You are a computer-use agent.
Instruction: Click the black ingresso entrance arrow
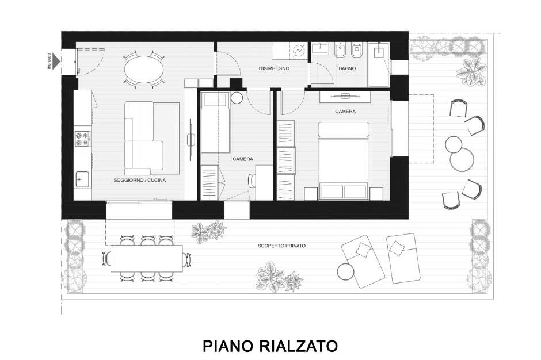pyautogui.click(x=56, y=62)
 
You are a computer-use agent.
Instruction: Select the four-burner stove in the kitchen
pyautogui.click(x=82, y=139)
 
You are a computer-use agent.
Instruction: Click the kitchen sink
pyautogui.click(x=82, y=179)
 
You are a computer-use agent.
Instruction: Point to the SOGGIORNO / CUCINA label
pyautogui.click(x=140, y=180)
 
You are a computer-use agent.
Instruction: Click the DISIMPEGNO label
pyautogui.click(x=274, y=68)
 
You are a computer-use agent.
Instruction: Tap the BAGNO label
pyautogui.click(x=347, y=68)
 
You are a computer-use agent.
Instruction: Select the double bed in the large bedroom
pyautogui.click(x=344, y=160)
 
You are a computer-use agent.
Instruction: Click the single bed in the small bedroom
pyautogui.click(x=215, y=122)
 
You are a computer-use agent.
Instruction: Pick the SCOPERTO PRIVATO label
pyautogui.click(x=281, y=246)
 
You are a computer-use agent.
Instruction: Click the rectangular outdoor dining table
pyautogui.click(x=147, y=259)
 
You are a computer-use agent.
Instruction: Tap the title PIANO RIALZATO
pyautogui.click(x=270, y=346)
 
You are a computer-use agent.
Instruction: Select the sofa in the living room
pyautogui.click(x=144, y=138)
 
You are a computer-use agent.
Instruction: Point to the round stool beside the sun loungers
pyautogui.click(x=345, y=271)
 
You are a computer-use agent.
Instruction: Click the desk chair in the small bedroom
pyautogui.click(x=252, y=180)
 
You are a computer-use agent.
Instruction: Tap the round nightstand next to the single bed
pyautogui.click(x=237, y=98)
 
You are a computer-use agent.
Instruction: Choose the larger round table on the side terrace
pyautogui.click(x=462, y=159)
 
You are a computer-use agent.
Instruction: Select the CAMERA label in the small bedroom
pyautogui.click(x=243, y=159)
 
